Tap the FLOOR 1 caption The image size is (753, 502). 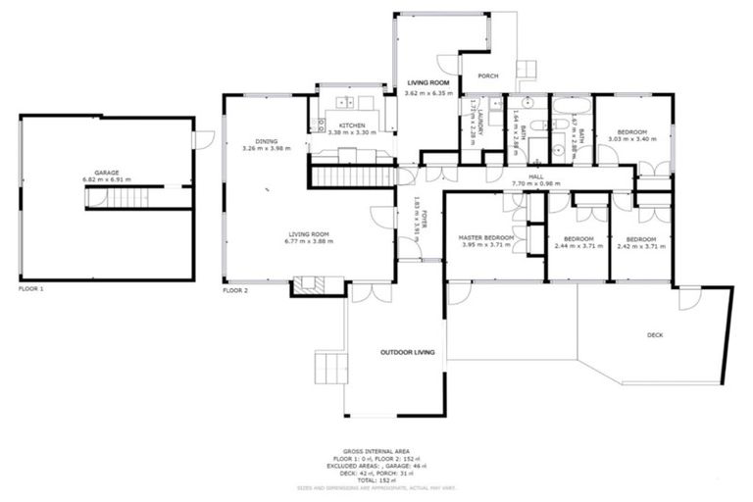point(30,289)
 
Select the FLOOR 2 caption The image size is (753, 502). point(235,291)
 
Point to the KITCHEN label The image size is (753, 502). point(353,126)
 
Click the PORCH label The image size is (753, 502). point(487,75)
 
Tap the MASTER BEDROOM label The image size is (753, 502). point(487,237)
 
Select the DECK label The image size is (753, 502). point(655,335)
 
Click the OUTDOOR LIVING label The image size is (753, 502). point(408,351)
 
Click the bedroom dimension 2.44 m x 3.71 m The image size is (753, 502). point(578,245)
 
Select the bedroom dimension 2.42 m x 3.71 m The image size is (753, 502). point(641,245)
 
